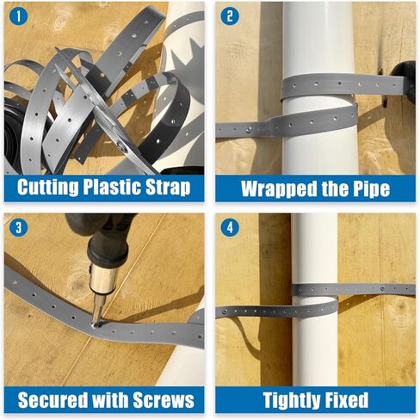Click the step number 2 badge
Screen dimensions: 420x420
tap(229, 15)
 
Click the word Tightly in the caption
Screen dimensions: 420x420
tap(294, 400)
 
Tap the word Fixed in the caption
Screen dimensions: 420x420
tap(353, 400)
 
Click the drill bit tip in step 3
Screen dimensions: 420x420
tap(96, 321)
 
